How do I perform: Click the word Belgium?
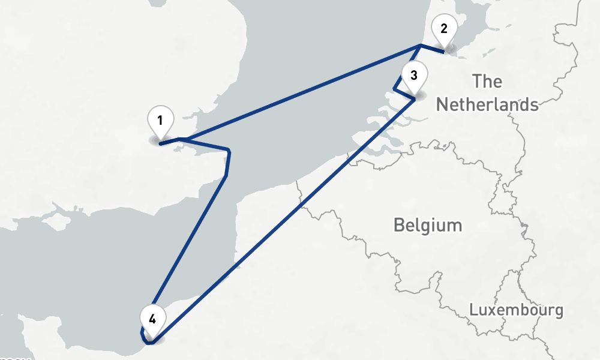(428, 226)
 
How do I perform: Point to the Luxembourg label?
(516, 310)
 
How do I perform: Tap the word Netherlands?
(487, 104)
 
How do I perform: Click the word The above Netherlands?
(487, 81)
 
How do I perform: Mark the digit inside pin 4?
(152, 317)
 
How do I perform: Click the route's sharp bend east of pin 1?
(229, 150)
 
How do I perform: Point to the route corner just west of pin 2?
(421, 46)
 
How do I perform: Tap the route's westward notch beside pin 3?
(394, 90)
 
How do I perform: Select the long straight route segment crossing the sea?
(300, 92)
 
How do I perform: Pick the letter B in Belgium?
(399, 226)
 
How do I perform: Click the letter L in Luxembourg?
(474, 310)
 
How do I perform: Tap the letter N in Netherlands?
(442, 104)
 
